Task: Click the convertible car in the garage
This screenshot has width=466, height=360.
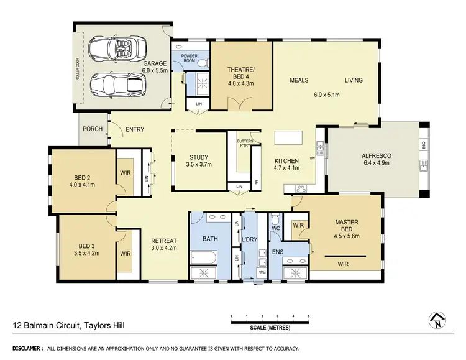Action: click(x=118, y=47)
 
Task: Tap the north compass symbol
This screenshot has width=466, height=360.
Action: click(x=438, y=320)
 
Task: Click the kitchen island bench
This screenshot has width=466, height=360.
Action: click(x=286, y=137)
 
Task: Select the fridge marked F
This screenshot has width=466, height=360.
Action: click(x=256, y=182)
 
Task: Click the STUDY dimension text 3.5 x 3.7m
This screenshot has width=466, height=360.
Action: click(x=199, y=165)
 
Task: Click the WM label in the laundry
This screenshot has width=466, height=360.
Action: click(x=262, y=272)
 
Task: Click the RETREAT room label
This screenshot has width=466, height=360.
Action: click(x=164, y=241)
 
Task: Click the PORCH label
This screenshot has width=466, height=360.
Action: click(x=91, y=130)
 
